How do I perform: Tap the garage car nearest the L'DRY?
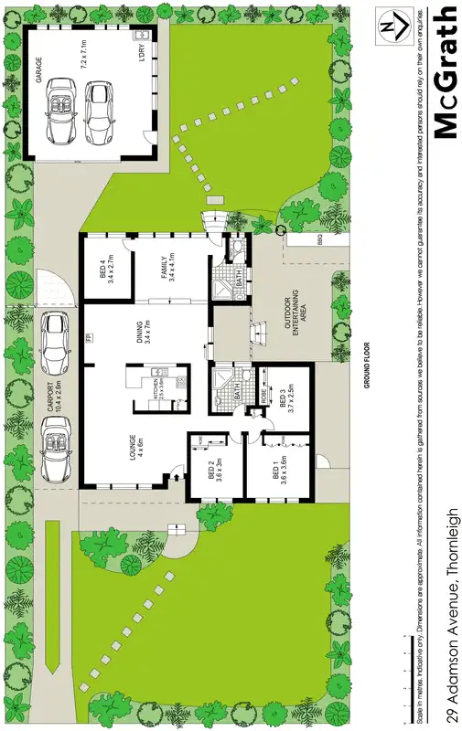98,111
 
